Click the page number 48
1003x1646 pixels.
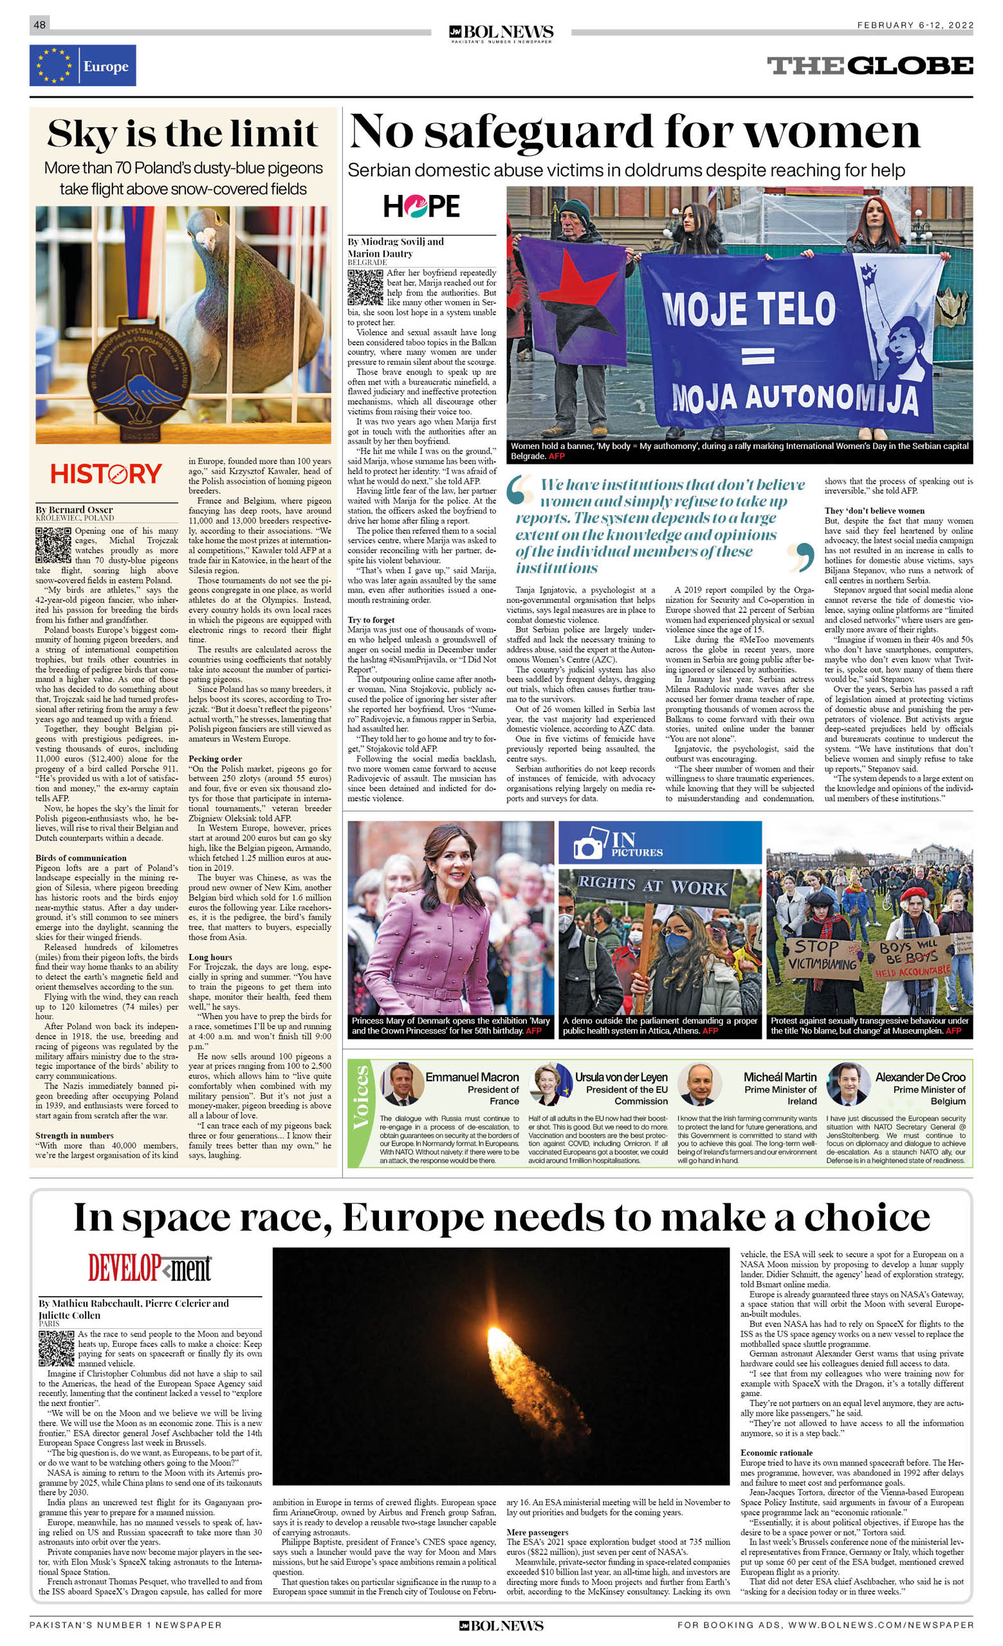pyautogui.click(x=39, y=24)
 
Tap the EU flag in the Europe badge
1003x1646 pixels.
pyautogui.click(x=53, y=66)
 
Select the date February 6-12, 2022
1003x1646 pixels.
pyautogui.click(x=915, y=25)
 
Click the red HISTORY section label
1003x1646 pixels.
pyautogui.click(x=106, y=474)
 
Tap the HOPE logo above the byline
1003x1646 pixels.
pyautogui.click(x=421, y=206)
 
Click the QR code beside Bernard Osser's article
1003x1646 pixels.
pyautogui.click(x=53, y=545)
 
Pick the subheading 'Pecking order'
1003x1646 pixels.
pyautogui.click(x=214, y=759)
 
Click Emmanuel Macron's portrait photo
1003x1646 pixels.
pyautogui.click(x=402, y=1084)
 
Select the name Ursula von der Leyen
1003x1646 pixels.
pyautogui.click(x=621, y=1077)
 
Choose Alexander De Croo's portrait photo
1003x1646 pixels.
pyautogui.click(x=848, y=1084)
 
